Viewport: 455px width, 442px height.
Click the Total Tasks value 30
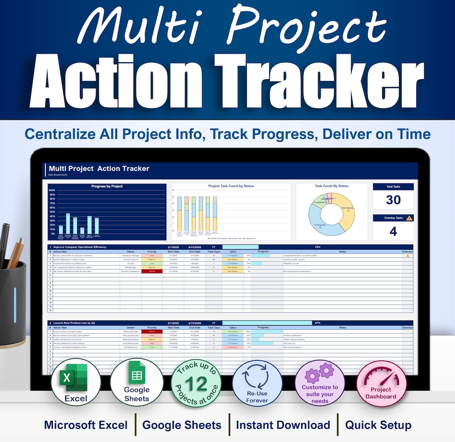[x=393, y=200]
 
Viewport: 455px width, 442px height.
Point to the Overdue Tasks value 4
[x=393, y=231]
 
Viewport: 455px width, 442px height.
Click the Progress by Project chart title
[x=107, y=186]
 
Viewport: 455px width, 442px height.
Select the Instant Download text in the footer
[x=283, y=425]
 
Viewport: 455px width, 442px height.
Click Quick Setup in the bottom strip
[x=378, y=425]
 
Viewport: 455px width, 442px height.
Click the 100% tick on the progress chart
[x=52, y=190]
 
